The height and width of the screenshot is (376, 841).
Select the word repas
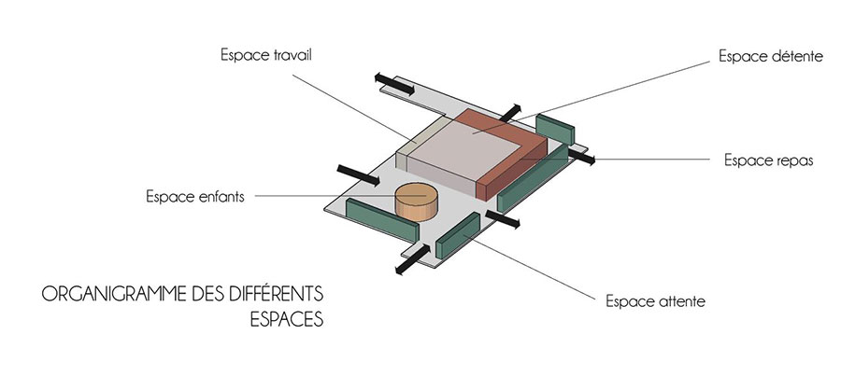tap(796, 160)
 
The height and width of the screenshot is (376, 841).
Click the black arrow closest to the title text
tap(412, 260)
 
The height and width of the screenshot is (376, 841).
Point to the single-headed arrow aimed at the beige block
tap(358, 175)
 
